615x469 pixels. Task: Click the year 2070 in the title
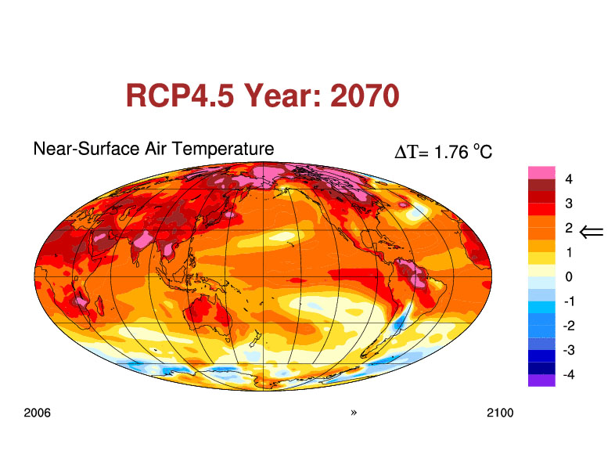(x=365, y=96)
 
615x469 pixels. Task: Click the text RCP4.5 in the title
(x=180, y=96)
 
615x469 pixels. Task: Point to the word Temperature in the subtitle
(x=223, y=149)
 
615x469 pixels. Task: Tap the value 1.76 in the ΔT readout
(x=451, y=152)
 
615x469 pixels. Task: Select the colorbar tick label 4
(x=569, y=179)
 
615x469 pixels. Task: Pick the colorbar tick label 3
(x=569, y=204)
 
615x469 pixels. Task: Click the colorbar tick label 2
(x=569, y=228)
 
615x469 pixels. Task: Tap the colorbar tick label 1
(x=569, y=252)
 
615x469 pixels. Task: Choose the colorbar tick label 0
(x=569, y=276)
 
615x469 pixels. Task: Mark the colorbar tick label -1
(x=569, y=301)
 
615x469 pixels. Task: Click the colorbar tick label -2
(x=569, y=326)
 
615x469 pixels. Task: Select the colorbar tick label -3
(x=569, y=350)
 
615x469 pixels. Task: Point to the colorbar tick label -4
(x=569, y=374)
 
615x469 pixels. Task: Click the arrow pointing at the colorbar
(x=592, y=232)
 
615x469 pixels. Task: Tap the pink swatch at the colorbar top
(x=541, y=173)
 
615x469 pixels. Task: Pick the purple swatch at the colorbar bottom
(x=541, y=381)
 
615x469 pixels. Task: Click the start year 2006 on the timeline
(x=38, y=413)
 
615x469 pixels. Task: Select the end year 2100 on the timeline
(x=500, y=413)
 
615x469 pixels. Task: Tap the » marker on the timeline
(x=354, y=413)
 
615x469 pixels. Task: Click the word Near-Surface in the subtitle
(x=86, y=149)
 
